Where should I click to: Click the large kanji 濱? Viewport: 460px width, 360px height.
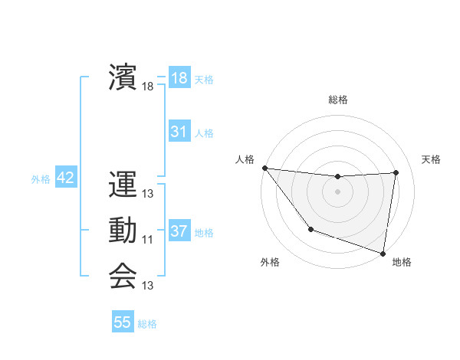[x=123, y=77]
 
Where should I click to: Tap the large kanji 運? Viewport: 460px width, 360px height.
[x=123, y=185]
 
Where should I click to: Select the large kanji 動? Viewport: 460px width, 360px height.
[x=123, y=231]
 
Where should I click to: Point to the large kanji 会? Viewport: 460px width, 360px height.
[x=123, y=276]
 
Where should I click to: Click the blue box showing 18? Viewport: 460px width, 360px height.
[x=179, y=78]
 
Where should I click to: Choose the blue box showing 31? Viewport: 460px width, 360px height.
[x=179, y=132]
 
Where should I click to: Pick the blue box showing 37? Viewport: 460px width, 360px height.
[x=179, y=231]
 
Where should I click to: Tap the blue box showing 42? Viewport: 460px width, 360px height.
[x=65, y=178]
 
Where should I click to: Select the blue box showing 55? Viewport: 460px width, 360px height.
[x=123, y=322]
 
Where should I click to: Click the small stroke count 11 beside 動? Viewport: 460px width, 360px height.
[x=148, y=240]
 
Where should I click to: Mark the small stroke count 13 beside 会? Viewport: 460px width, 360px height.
[x=148, y=286]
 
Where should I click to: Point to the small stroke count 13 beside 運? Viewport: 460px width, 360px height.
[x=148, y=195]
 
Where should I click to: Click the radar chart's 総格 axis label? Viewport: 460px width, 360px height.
[x=337, y=100]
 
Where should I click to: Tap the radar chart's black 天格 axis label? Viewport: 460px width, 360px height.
[x=431, y=159]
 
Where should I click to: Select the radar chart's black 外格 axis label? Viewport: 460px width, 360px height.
[x=269, y=262]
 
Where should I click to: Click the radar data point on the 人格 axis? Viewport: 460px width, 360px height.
[x=264, y=168]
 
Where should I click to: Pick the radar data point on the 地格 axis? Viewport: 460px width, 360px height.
[x=383, y=252]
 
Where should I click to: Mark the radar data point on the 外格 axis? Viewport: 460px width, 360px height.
[x=310, y=229]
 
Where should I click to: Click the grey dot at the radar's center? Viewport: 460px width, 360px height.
[x=337, y=191]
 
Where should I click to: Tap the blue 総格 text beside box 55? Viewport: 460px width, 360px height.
[x=147, y=324]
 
